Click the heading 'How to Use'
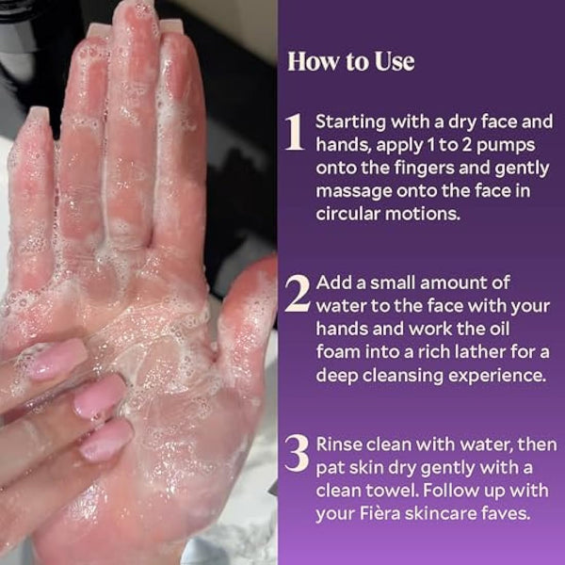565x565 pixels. click(x=350, y=62)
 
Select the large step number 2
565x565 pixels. click(x=297, y=295)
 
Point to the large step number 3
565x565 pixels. click(x=297, y=454)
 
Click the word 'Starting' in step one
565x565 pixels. click(x=347, y=123)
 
